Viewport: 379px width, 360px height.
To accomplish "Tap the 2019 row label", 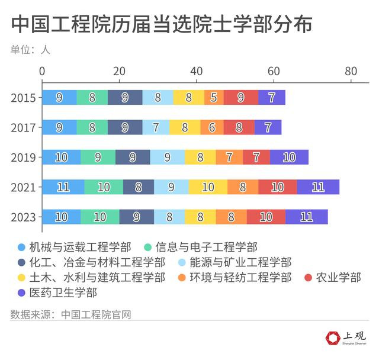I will pos(23,157).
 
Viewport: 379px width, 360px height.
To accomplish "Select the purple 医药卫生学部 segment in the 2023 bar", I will pos(306,217).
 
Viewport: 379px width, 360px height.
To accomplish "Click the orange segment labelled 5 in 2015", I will pos(214,98).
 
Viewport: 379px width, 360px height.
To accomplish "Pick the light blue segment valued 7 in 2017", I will pos(156,127).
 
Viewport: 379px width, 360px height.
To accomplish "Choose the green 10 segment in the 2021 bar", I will pos(104,187).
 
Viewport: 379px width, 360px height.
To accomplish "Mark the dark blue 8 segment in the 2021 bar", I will pos(139,187).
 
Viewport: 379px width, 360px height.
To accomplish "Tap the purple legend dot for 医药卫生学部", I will pos(21,292).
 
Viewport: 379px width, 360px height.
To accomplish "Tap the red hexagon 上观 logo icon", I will pos(333,337).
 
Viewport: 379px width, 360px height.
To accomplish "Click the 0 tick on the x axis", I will pos(42,71).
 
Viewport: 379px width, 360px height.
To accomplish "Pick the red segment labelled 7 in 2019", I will pos(256,157).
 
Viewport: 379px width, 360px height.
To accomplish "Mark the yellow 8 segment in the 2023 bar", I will pos(200,217).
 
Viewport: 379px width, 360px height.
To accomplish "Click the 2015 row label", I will pos(23,98).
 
